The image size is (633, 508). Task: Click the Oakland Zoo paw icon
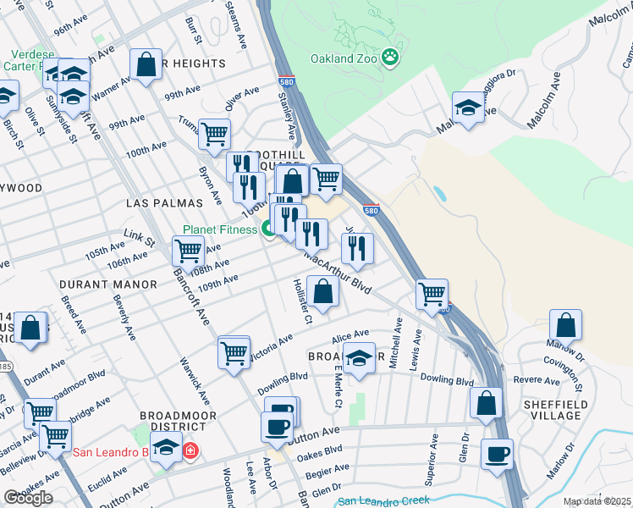point(390,58)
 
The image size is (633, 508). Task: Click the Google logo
point(27,498)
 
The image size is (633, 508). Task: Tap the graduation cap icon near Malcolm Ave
point(468,108)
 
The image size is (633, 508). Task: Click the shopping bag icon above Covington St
point(565,325)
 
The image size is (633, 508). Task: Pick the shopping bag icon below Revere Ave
point(487,403)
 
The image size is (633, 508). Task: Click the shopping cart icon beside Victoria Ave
point(234,352)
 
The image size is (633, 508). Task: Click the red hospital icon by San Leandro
point(190,450)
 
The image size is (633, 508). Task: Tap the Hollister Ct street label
point(303,301)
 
